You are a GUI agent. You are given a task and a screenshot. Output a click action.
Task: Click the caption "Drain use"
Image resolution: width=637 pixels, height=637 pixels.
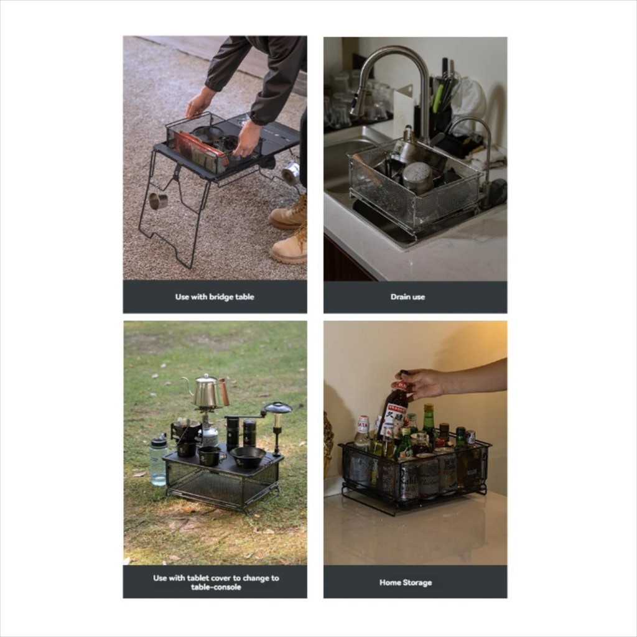click(407, 297)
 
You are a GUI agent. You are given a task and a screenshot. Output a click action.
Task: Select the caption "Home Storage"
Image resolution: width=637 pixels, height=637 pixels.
click(406, 582)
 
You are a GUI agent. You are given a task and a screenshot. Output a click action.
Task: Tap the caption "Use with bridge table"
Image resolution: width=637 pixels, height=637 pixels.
click(215, 297)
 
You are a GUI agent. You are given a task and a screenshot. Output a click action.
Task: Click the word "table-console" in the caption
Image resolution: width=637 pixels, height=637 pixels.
click(216, 587)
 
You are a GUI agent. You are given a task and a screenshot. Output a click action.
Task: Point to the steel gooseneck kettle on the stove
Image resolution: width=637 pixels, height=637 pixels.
click(207, 391)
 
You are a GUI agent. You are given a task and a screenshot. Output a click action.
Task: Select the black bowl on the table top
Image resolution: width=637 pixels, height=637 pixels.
click(248, 457)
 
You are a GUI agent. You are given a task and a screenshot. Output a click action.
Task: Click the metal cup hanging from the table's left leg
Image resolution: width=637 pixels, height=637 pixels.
click(157, 201)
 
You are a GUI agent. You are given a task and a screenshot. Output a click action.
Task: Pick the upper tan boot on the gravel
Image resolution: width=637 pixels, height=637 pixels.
click(289, 213)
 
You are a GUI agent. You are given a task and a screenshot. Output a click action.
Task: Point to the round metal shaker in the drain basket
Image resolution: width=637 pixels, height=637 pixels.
click(417, 177)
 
